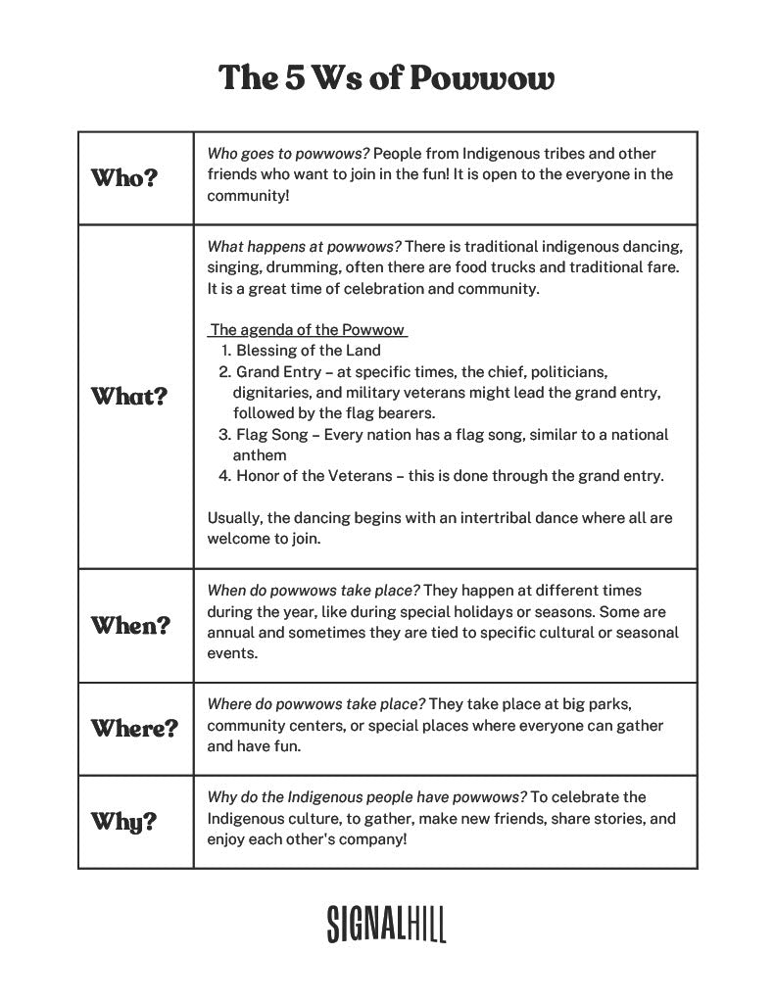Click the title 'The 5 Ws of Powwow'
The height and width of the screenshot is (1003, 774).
[x=386, y=77]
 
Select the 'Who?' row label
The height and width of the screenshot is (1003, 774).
[x=123, y=178]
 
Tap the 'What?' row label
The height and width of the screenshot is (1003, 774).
[x=128, y=397]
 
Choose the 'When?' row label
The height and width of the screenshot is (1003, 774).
[x=130, y=625]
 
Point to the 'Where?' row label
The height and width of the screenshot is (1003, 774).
[x=134, y=728]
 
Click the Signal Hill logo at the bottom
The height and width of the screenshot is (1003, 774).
[x=386, y=923]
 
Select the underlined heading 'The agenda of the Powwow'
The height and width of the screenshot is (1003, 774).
[x=308, y=329]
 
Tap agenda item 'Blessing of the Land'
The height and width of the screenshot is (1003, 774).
[x=308, y=350]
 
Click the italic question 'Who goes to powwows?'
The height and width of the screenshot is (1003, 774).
[x=288, y=154]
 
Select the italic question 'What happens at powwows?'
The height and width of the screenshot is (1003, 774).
[x=304, y=245]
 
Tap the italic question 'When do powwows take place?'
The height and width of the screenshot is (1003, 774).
[x=314, y=591]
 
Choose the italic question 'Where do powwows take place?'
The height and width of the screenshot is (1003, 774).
[x=315, y=704]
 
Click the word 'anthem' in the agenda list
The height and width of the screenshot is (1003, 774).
[x=260, y=455]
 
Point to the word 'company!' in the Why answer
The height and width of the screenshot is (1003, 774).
[x=372, y=839]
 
